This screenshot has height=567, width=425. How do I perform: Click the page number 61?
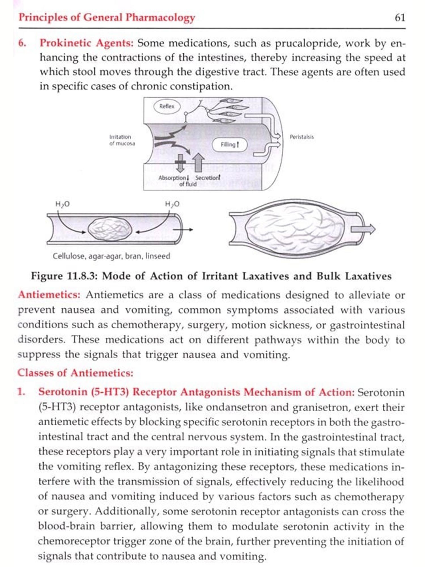[400, 18]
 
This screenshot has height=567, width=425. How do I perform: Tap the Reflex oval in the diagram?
[167, 107]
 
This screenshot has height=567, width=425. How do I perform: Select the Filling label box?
[229, 145]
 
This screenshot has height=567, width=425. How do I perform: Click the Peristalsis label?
[301, 137]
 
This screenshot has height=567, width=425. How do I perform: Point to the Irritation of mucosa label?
[122, 140]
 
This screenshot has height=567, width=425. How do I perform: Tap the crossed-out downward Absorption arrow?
[180, 163]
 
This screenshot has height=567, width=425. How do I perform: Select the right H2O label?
[172, 204]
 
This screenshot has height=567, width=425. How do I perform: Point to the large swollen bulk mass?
[295, 228]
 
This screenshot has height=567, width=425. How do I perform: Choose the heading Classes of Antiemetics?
[75, 373]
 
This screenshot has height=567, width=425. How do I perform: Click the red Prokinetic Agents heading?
[86, 43]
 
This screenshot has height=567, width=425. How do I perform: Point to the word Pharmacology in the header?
[160, 18]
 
